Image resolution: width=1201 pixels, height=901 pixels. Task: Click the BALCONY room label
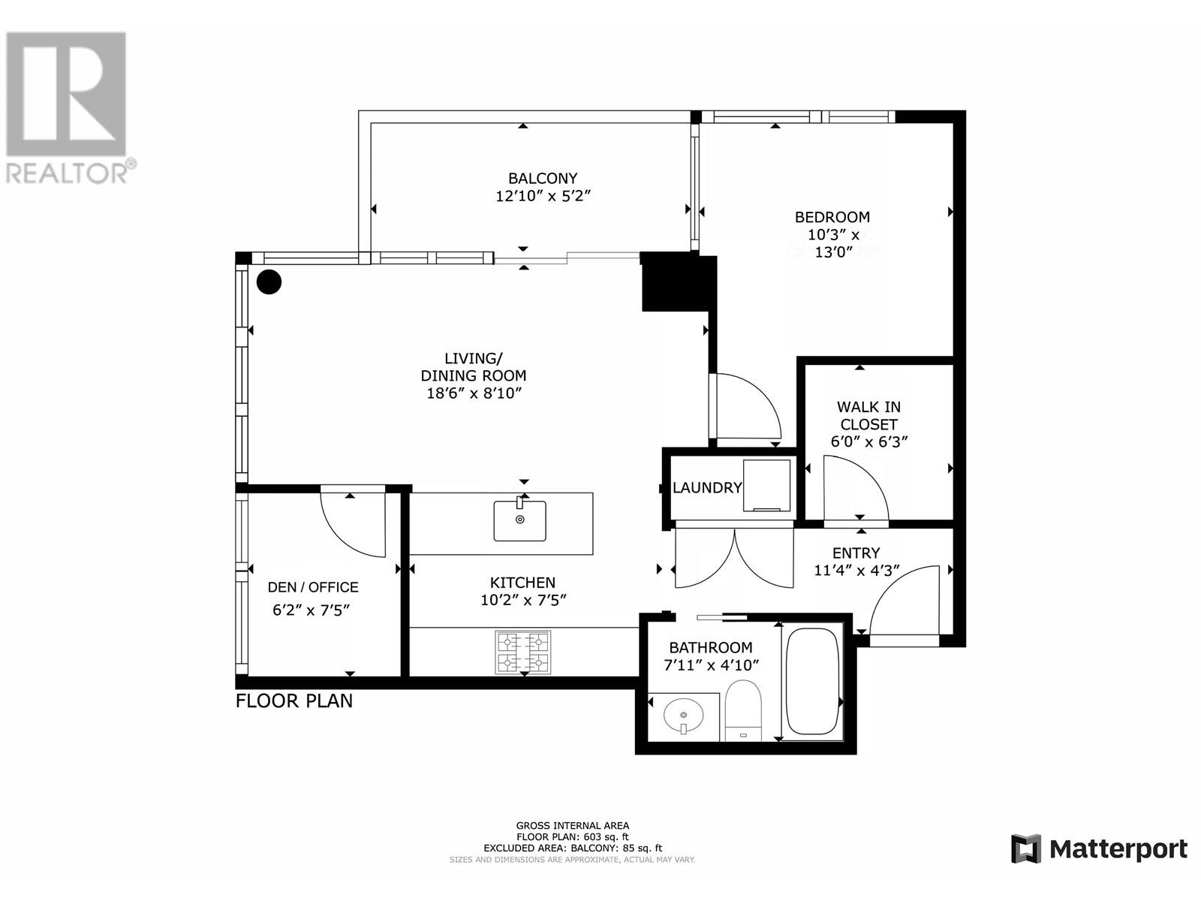(x=543, y=179)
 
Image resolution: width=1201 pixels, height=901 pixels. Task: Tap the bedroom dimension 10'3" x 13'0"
(x=832, y=243)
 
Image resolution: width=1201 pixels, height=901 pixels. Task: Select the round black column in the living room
(x=269, y=282)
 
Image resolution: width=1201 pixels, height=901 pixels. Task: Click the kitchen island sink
(x=519, y=520)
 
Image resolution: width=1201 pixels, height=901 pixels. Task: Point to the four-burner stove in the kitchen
(x=522, y=652)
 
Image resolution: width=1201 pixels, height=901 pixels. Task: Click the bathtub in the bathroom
(x=811, y=682)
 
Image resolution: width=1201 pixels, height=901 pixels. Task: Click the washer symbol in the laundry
(x=766, y=486)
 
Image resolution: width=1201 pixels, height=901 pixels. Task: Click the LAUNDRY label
(x=707, y=488)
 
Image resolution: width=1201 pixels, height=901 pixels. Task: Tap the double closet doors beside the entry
(x=734, y=557)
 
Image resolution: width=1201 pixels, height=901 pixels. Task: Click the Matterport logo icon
(x=1025, y=849)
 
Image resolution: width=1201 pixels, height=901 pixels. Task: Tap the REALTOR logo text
(x=71, y=172)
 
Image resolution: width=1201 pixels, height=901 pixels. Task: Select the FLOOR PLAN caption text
(x=293, y=701)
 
